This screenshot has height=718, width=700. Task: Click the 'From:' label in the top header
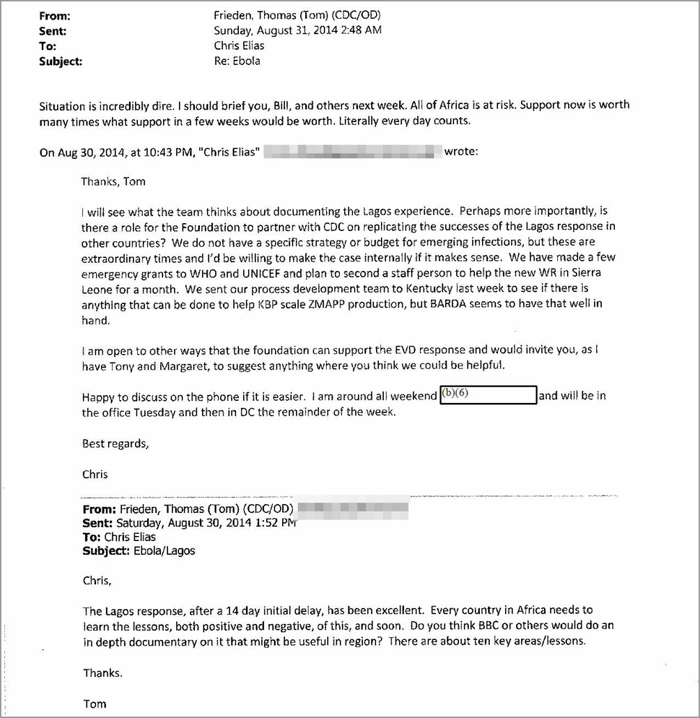(55, 14)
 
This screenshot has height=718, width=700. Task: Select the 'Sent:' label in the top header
(53, 30)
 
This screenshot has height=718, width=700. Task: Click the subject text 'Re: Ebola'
(237, 61)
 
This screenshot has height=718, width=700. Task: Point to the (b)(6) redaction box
(489, 395)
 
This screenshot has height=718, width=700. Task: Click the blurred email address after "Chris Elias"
(353, 152)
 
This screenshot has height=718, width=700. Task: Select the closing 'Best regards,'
(115, 444)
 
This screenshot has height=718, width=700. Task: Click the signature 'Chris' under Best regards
(95, 474)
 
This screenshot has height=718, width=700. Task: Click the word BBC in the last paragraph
(491, 626)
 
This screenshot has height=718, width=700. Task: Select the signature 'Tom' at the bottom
(95, 703)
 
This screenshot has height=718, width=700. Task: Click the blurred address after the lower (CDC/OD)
(353, 509)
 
